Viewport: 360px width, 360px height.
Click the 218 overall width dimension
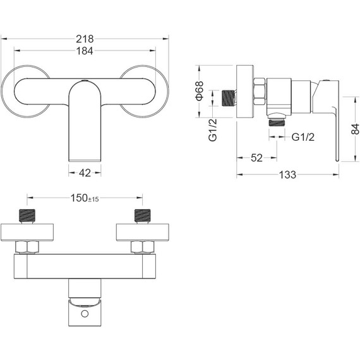tap(85, 39)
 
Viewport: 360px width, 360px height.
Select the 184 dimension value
tap(85, 51)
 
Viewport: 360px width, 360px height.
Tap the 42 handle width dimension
tap(85, 173)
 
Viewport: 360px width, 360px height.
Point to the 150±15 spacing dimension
tap(85, 198)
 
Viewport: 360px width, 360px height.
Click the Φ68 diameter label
tap(200, 91)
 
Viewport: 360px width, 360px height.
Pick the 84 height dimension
tap(355, 129)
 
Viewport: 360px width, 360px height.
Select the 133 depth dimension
tap(287, 175)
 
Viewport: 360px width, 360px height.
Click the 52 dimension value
tap(256, 158)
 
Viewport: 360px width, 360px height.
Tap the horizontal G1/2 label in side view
tap(303, 137)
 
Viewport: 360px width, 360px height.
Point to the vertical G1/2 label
tap(213, 130)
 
